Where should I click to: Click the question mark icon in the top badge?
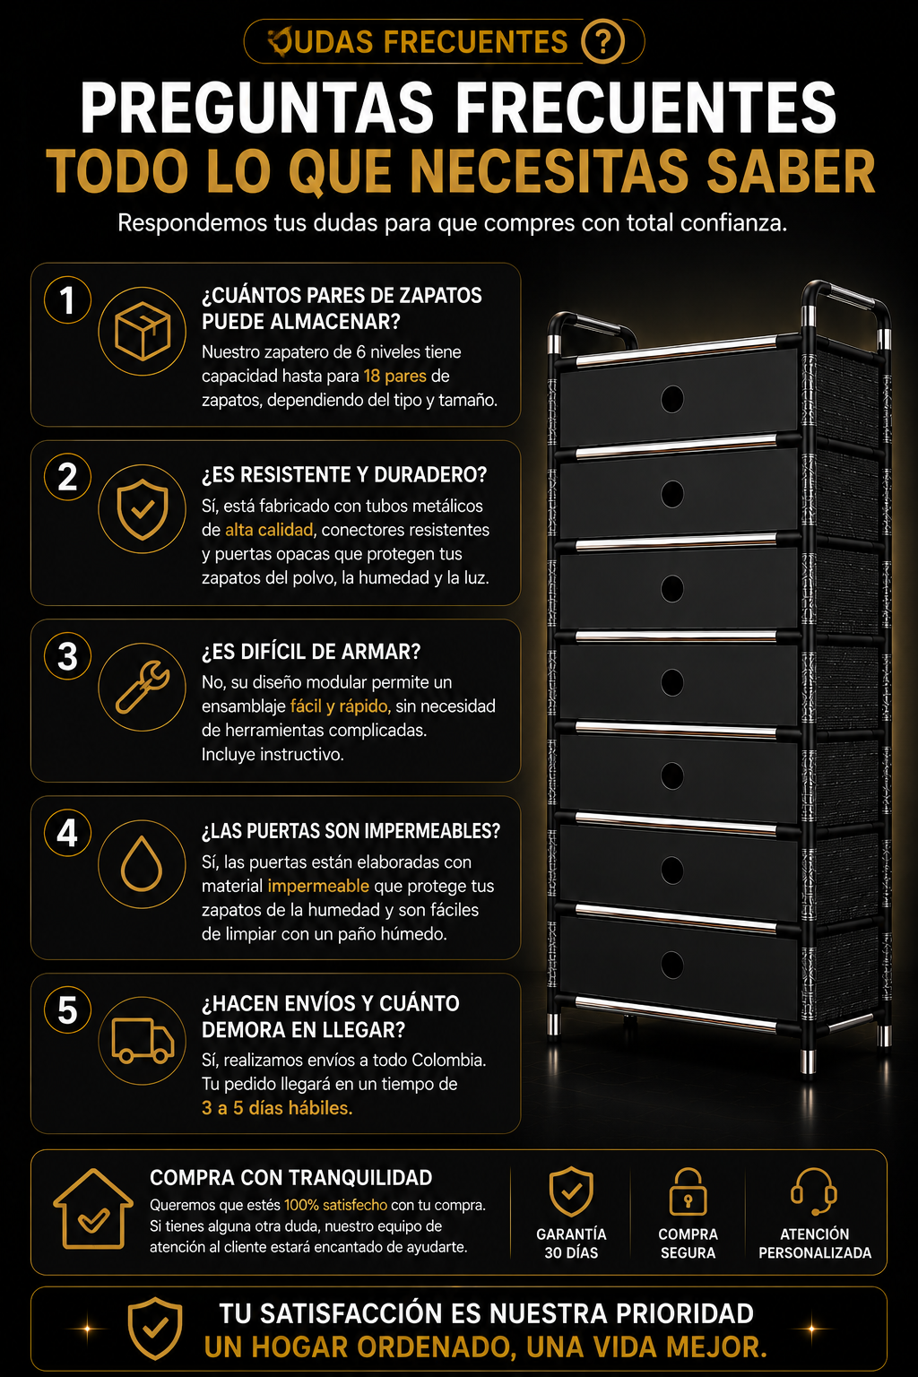(x=602, y=42)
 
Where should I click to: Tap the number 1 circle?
(x=67, y=300)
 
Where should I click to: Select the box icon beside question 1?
(x=142, y=331)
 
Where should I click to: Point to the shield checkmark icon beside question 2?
(x=142, y=509)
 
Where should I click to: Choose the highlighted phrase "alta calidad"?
(x=269, y=529)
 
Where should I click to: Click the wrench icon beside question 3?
(x=142, y=687)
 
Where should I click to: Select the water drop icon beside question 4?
(x=142, y=863)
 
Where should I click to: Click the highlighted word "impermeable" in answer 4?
(x=318, y=886)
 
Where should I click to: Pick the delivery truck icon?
(x=143, y=1040)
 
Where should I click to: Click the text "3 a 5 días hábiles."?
(x=277, y=1108)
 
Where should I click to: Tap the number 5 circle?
(x=67, y=1010)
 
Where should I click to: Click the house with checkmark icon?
(x=93, y=1209)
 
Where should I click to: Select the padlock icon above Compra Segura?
(x=688, y=1192)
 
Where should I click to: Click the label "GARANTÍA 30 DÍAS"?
(x=570, y=1243)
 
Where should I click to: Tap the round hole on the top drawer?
(x=672, y=399)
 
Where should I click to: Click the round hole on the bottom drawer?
(x=672, y=965)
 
